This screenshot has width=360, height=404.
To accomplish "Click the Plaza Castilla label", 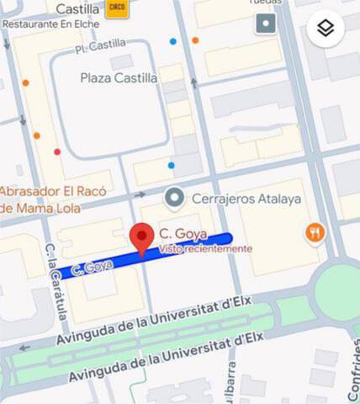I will [119, 77].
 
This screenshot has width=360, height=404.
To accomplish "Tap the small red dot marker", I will [57, 152].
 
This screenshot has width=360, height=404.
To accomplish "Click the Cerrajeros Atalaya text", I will [246, 199].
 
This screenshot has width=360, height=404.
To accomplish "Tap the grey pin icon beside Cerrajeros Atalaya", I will [175, 198].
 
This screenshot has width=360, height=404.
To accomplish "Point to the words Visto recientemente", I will [204, 248].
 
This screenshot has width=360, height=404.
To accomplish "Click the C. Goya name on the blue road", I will [93, 268].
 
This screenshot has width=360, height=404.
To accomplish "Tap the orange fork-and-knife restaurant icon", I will [315, 232].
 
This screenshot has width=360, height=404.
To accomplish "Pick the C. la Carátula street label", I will [56, 282].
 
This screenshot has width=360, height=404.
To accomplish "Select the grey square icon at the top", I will [267, 23].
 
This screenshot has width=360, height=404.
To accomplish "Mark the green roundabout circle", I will [339, 291].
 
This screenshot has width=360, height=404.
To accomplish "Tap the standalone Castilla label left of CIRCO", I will [77, 8].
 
